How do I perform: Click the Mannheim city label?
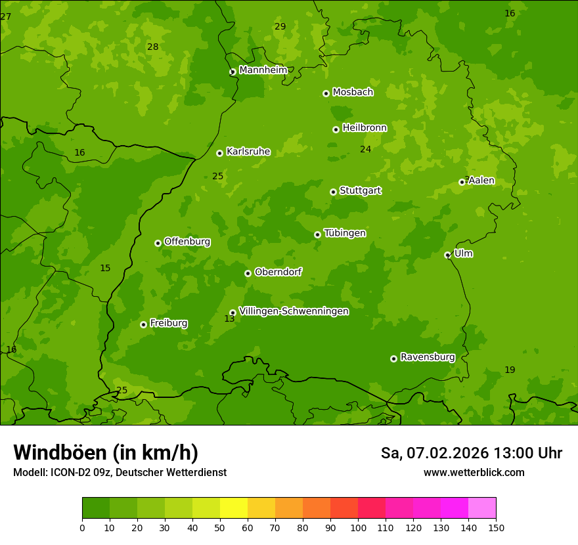coord(263,70)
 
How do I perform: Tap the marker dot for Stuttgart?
coord(333,192)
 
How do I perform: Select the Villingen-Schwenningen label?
coord(294,311)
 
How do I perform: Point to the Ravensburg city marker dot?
coord(393,359)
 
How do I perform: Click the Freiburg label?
coord(168,323)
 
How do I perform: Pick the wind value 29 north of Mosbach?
coord(280,26)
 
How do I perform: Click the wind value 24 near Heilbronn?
coord(365,149)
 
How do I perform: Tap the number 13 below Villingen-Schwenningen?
coord(229,318)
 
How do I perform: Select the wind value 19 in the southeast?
coord(510,370)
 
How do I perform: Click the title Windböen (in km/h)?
coord(105,452)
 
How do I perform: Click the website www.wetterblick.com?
coord(474,472)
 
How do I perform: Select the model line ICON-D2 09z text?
coord(120,472)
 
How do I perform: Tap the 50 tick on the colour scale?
coord(220,527)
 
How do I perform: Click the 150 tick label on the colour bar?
coord(496,527)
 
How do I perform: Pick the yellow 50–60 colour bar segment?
coord(234,508)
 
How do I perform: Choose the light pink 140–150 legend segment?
coord(482,508)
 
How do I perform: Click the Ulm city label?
coord(463,253)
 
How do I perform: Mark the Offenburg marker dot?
coord(158,243)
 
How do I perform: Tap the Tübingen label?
coord(344,233)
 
